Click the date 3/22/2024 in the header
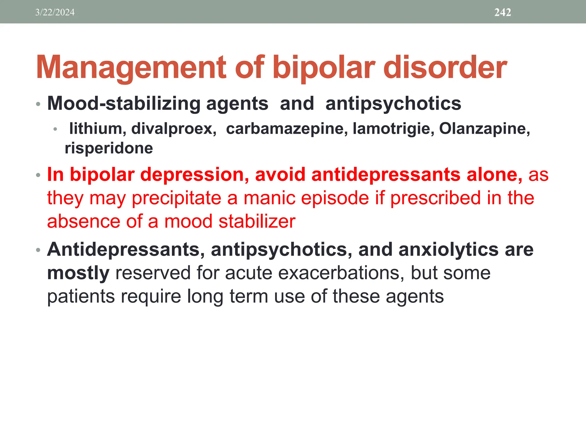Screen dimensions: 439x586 55,12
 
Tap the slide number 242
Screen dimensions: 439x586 502,12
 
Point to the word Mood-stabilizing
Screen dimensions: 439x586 124,103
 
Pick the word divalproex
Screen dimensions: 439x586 174,128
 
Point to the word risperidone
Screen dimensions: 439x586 109,148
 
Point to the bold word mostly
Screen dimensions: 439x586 78,273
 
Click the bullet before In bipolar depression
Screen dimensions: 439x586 38,175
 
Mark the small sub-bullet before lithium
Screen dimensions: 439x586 55,129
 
